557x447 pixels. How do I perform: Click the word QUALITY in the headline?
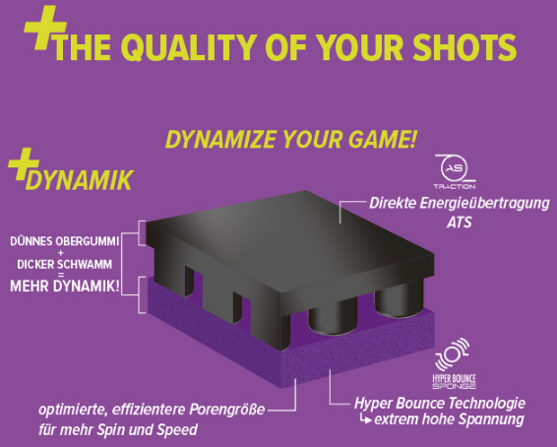pos(188,47)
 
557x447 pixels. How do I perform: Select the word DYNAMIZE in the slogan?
pos(221,139)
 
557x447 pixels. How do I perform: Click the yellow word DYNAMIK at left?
pos(79,180)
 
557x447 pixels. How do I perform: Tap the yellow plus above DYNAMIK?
pos(24,163)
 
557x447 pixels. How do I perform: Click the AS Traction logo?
pos(455,171)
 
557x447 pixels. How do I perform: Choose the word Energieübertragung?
pos(484,204)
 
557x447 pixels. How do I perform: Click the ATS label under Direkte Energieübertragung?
pos(459,223)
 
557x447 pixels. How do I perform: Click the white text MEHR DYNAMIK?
pos(64,287)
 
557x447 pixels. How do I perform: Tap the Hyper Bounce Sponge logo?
pos(454,363)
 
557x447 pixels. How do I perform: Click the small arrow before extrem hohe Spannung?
pos(366,418)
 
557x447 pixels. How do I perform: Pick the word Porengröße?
pos(226,410)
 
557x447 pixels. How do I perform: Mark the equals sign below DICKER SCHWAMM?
pos(61,275)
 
